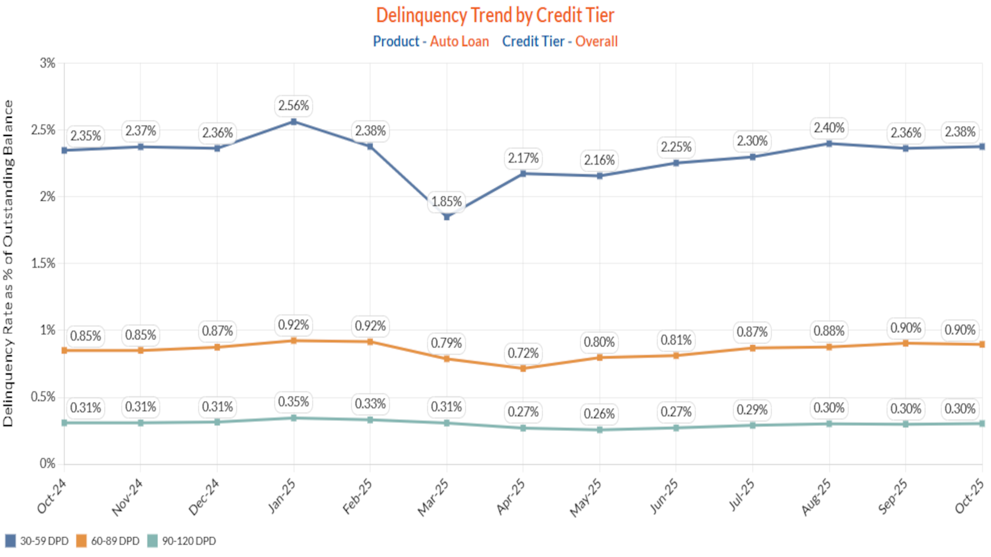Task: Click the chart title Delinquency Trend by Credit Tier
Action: click(495, 15)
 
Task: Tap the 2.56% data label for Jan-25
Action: click(293, 106)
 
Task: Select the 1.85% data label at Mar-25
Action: click(446, 202)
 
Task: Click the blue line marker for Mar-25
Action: click(447, 217)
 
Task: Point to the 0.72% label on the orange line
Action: click(523, 354)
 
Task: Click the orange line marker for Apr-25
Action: click(523, 369)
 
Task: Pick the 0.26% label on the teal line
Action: click(599, 414)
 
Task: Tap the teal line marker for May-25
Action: click(600, 430)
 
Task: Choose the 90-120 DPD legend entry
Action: click(181, 541)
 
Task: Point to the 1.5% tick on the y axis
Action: click(43, 263)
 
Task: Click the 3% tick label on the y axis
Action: click(47, 63)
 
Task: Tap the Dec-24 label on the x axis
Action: click(204, 497)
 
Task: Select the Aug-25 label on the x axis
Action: click(816, 497)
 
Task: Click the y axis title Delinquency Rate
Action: click(8, 263)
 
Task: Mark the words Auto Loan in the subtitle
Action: click(459, 42)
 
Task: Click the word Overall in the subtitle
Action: click(596, 42)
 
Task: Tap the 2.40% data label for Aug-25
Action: click(829, 128)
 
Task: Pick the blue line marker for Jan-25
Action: click(294, 122)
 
